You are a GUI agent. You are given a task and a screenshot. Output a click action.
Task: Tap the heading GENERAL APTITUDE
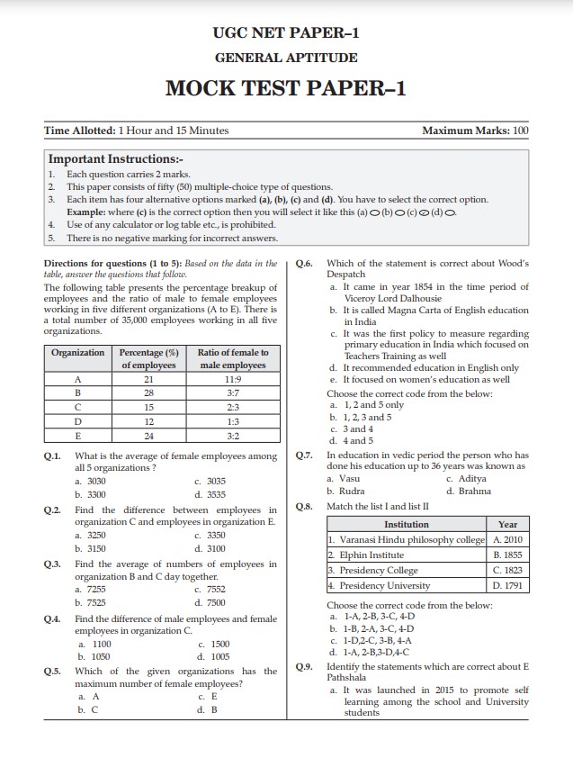tap(286, 58)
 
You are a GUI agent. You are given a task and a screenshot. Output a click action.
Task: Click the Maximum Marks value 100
tap(519, 131)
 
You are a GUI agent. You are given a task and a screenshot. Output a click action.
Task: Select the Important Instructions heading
tap(115, 158)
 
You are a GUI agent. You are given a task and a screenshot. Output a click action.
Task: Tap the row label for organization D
tap(77, 420)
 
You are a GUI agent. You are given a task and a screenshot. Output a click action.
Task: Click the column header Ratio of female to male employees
tap(233, 359)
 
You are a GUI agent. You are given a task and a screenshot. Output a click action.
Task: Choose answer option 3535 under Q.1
tap(210, 494)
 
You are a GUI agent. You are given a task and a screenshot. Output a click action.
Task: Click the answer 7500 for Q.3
tap(210, 602)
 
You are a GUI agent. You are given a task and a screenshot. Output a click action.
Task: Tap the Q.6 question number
tap(304, 264)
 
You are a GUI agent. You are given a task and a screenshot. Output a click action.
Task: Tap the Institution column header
tap(407, 524)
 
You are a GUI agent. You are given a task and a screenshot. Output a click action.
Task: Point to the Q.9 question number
tap(304, 666)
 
